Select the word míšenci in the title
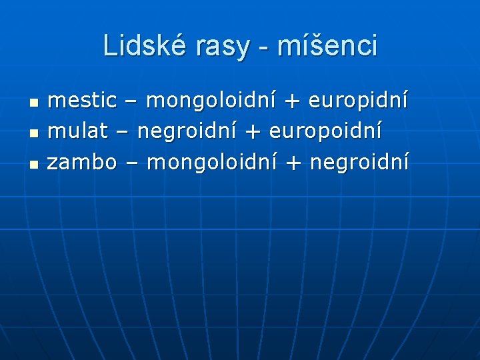pos(327,46)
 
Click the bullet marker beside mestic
pos(34,103)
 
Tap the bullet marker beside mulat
pos(34,133)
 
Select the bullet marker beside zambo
pos(34,163)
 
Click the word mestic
pos(83,101)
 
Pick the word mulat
pos(76,131)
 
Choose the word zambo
pos(83,161)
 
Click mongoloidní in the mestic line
pos(211,101)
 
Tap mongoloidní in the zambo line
pos(211,161)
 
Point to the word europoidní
pos(326,131)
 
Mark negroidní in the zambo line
pos(359,161)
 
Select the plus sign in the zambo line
pos(291,162)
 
